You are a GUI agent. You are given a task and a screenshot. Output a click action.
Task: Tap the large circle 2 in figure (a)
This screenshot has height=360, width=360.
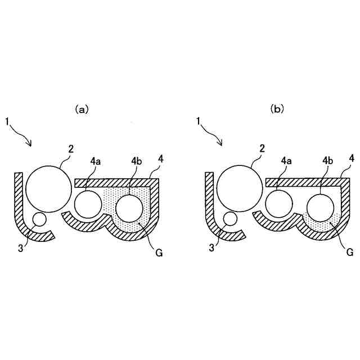(48, 190)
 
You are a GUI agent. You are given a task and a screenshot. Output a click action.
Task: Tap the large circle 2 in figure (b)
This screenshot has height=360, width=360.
(239, 190)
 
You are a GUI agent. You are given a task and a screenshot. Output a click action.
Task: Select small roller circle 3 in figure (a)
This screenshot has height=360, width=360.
(40, 219)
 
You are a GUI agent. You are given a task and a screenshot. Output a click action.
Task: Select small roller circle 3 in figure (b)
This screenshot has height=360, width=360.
(231, 219)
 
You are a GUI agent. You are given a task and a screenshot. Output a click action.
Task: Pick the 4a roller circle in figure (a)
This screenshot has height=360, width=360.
(87, 204)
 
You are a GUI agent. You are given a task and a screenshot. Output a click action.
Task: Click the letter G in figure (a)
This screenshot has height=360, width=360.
(159, 253)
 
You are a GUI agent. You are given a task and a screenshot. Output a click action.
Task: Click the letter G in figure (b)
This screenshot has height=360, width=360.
(350, 253)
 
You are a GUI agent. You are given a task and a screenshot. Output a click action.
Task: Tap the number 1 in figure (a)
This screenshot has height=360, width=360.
(7, 120)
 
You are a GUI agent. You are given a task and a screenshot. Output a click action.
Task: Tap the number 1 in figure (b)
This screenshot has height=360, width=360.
(198, 120)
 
